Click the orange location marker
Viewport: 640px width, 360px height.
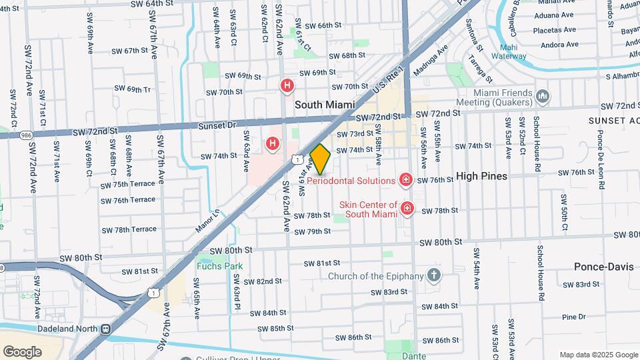[321, 159]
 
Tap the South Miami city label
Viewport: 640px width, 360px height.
[327, 105]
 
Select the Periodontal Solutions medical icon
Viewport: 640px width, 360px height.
[405, 180]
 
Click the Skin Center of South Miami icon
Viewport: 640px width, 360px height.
[407, 210]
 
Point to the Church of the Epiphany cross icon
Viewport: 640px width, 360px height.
[434, 275]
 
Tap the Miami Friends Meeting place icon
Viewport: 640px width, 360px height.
[543, 97]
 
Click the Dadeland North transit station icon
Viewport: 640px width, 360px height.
[105, 329]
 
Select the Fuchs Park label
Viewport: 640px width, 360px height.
[219, 266]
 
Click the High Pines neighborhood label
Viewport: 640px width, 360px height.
[482, 176]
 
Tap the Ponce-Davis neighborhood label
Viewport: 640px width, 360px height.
[601, 267]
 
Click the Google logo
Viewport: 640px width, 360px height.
[23, 351]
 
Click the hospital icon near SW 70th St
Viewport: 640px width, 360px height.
[287, 85]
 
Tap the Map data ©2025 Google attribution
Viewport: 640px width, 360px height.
[599, 355]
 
